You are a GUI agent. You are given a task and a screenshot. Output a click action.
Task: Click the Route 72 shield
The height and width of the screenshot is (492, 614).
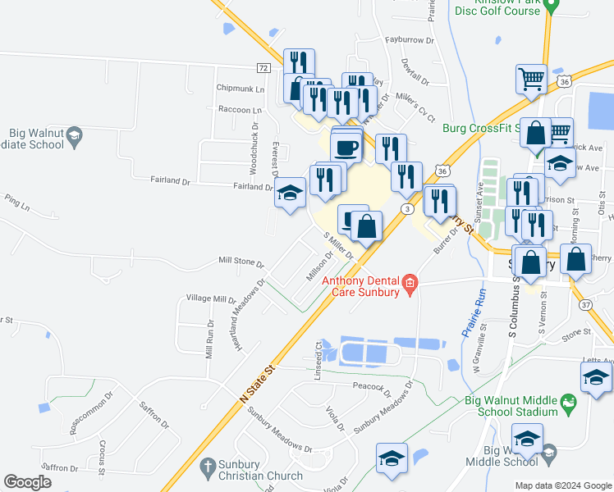[263, 67]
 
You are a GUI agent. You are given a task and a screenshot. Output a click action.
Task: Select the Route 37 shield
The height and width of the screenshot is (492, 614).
[585, 305]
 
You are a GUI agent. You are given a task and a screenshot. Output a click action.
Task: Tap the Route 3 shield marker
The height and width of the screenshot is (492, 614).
[406, 210]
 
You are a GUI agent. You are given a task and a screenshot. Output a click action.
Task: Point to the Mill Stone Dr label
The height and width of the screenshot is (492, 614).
[241, 261]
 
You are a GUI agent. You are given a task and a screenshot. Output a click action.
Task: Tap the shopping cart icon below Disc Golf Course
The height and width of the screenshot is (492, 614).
[531, 80]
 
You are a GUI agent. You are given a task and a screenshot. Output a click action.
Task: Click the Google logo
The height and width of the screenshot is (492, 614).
[28, 482]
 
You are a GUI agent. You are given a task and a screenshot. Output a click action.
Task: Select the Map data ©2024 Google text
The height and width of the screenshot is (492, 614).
[563, 485]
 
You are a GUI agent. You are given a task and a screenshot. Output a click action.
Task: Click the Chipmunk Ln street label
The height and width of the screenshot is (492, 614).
[241, 88]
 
